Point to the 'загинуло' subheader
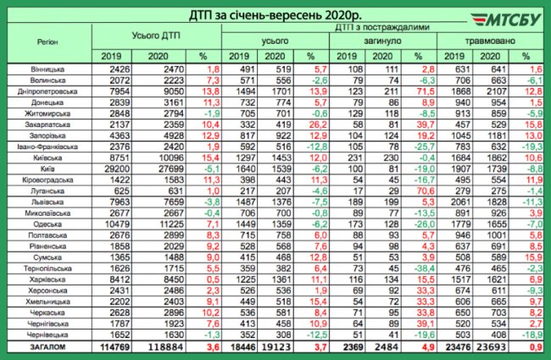pos(377,40)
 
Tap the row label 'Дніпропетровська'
pos(48,89)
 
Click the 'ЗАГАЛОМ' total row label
pos(48,346)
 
